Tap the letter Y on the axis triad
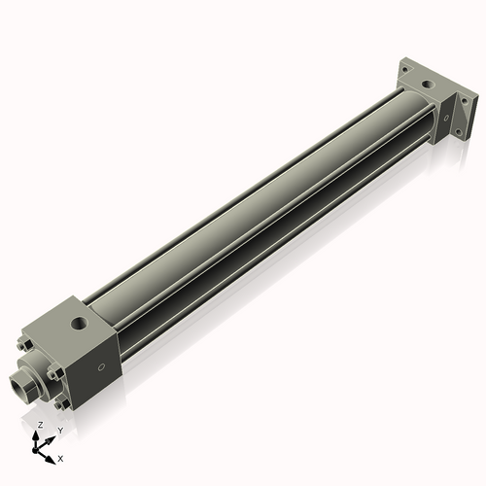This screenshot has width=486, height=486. (x=59, y=430)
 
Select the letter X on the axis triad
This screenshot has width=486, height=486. (x=61, y=456)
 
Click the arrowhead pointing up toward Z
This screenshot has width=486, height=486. (x=38, y=434)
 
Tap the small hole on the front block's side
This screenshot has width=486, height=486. (x=100, y=367)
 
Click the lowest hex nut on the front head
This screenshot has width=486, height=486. (x=62, y=402)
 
